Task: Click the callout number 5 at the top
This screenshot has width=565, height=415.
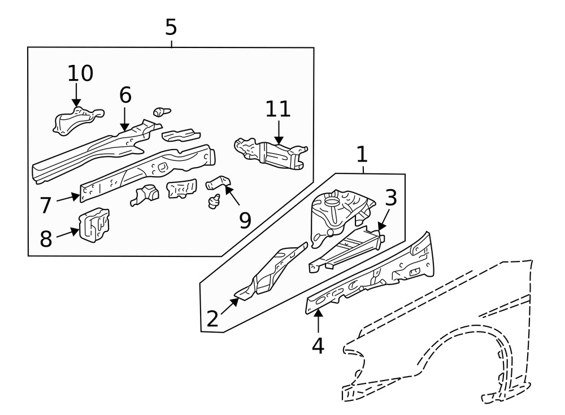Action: [171, 27]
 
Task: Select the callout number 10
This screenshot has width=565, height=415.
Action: [80, 73]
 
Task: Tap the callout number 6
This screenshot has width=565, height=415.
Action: [125, 95]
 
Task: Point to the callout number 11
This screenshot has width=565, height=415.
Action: [277, 109]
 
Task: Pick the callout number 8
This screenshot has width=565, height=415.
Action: [46, 239]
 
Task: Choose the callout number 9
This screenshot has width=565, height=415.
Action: [245, 220]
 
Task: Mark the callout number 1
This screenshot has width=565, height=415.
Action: [362, 154]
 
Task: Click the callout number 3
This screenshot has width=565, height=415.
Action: [391, 198]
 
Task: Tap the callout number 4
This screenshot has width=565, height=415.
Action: [318, 346]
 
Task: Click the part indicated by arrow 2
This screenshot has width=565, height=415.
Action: [271, 274]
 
